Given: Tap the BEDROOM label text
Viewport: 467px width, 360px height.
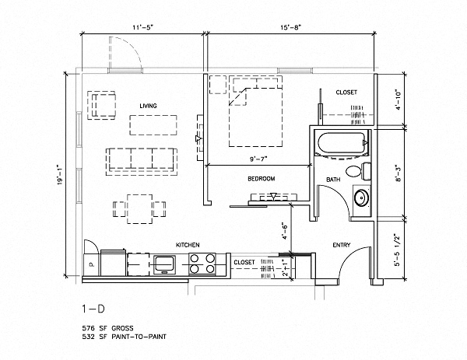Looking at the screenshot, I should tap(262, 179).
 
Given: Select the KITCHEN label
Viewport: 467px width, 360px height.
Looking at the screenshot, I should tap(188, 244).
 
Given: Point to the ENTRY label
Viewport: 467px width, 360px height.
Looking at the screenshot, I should tap(341, 245).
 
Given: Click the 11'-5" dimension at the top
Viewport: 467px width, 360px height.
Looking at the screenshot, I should tap(143, 29).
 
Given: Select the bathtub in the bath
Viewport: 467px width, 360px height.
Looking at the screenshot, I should tap(339, 145).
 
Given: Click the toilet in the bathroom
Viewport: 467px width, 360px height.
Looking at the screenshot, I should tap(354, 172).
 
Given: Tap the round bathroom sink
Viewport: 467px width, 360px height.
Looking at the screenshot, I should tap(360, 197).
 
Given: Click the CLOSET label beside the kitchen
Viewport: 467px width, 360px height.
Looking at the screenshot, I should tap(245, 262).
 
